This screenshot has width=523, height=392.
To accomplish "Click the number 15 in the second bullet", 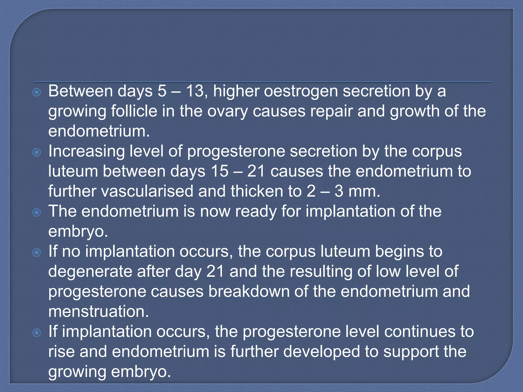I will coord(220,171).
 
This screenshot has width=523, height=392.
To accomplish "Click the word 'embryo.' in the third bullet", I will coord(78,232).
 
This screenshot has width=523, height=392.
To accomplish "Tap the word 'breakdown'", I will coord(249,291).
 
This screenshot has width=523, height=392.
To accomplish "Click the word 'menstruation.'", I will coord(99,312).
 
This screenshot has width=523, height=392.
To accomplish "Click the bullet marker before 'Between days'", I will coord(37,92).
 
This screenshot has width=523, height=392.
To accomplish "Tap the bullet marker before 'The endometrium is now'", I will coord(37,212).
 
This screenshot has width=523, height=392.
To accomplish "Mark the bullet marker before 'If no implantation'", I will coord(37,252).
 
